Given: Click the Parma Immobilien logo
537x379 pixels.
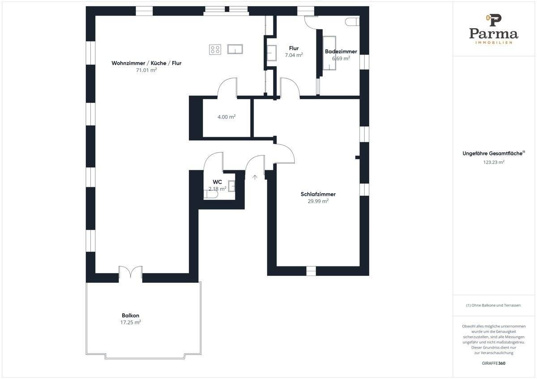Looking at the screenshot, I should pos(494,29).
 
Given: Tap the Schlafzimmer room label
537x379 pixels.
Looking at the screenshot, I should pos(318,194).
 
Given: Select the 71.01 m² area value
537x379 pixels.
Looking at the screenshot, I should pos(146,70).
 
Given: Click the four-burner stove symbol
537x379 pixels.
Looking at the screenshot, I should pos(215,49).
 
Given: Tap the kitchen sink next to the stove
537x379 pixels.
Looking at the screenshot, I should pos(235,49).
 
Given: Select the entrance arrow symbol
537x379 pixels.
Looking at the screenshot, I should pos(255,177).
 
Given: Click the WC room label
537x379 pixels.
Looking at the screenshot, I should pos(217,182).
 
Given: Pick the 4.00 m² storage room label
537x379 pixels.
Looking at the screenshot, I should pos(226,117).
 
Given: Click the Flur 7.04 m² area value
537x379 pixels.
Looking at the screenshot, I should pos(294,55).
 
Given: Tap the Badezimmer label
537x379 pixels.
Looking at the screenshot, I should pos(341,51).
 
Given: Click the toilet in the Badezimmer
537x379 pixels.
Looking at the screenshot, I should pos(352,21).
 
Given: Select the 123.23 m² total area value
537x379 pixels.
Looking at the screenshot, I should pos(494,162).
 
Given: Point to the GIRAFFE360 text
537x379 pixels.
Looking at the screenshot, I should pos(494,363).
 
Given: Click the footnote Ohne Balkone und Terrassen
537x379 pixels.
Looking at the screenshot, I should pos(494,305).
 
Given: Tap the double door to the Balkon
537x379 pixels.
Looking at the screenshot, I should pos(131,273).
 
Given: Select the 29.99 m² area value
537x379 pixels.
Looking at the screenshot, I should pos(318,201).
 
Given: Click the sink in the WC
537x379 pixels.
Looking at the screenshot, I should pos(232,185).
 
